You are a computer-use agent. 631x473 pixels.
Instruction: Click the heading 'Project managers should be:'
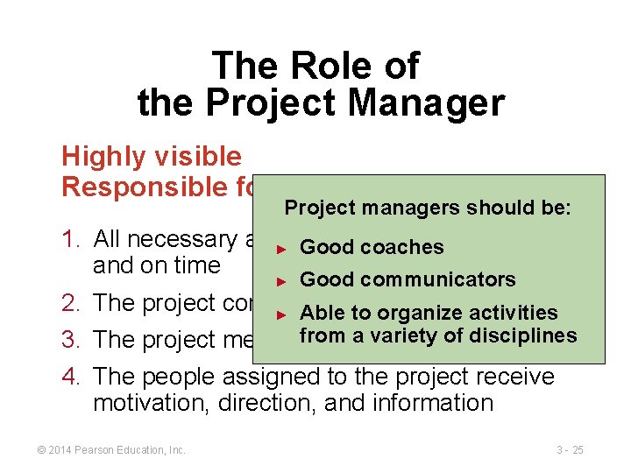tap(428, 208)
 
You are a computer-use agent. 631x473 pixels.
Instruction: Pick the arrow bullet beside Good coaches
tap(281, 248)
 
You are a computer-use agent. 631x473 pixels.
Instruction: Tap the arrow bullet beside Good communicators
tap(281, 280)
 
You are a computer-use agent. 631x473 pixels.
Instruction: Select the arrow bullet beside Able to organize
tap(281, 313)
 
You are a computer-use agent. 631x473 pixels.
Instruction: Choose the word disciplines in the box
tap(522, 335)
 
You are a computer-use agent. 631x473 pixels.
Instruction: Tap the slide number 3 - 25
tap(570, 449)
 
